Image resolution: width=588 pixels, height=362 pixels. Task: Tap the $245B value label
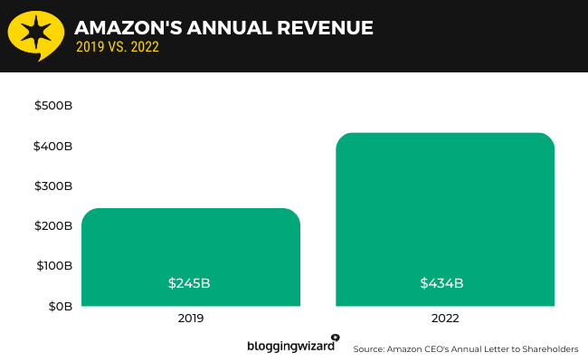pos(190,283)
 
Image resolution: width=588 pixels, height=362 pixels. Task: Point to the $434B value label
pos(442,283)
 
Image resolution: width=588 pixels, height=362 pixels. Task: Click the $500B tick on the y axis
pos(52,106)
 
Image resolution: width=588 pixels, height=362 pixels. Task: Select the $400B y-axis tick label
pos(52,146)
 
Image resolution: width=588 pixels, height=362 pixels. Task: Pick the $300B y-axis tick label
pos(52,186)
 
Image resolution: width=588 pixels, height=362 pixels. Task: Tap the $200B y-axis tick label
pos(52,225)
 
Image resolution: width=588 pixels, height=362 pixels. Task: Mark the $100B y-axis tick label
pos(52,266)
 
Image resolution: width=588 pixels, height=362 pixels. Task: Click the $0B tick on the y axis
pos(59,306)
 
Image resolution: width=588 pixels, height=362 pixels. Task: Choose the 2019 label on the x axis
pos(191,319)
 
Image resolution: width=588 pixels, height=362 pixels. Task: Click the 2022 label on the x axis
pos(445,319)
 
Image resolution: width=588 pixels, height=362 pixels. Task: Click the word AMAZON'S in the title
pos(122,27)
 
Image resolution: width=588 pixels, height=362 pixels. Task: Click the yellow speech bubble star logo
pos(35,34)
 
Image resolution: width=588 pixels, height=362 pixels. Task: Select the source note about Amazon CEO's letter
pos(465,348)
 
